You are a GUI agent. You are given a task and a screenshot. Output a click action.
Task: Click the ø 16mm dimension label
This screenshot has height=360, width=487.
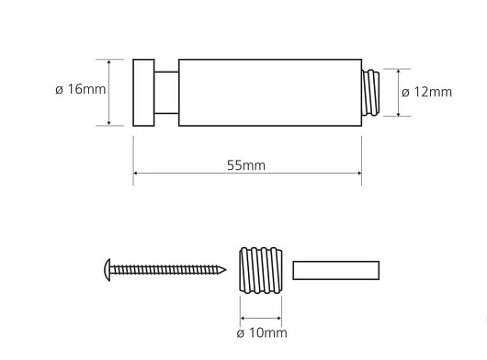pos(81,89)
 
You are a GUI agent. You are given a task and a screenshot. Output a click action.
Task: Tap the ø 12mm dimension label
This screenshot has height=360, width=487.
pos(426,92)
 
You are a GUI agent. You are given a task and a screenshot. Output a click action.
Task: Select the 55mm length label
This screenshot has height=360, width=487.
pos(246,165)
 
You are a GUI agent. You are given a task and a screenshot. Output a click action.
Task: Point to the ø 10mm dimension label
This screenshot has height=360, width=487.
pos(262,333)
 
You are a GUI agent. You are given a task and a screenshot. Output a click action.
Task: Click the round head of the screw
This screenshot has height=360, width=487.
pos(108,270)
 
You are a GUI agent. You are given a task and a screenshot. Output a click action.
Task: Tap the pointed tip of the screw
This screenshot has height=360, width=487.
pos(225,270)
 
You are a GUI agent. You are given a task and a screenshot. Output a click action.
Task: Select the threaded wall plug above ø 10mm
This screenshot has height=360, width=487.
pos(261,270)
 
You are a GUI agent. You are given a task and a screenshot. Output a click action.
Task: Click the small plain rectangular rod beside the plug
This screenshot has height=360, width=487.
pos(335,270)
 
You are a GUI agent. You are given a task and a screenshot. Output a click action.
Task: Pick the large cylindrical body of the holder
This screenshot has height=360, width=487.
pos(270,93)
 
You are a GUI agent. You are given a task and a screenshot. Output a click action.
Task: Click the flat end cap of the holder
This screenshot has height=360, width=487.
pos(143,93)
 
